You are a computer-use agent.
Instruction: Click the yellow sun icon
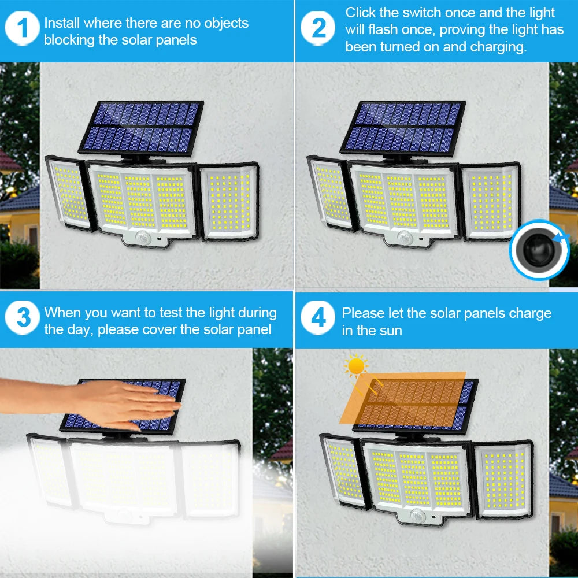(355, 366)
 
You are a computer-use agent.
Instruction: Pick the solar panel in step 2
(403, 127)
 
